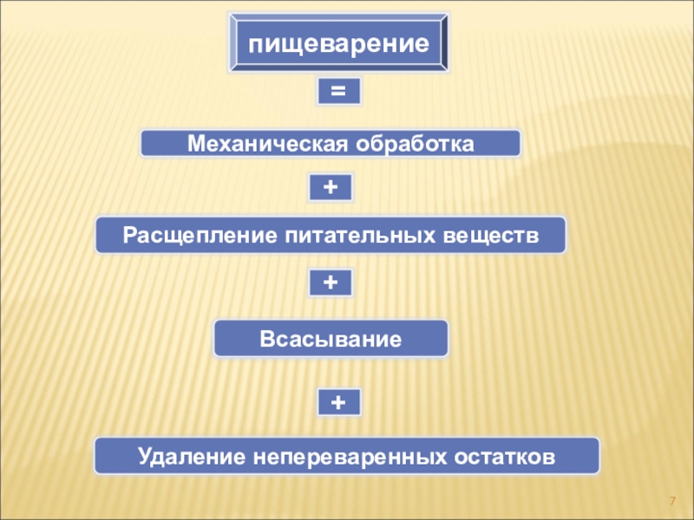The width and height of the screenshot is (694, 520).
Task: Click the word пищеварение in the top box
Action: tap(340, 42)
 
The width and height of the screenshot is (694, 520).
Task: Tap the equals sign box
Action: tap(338, 92)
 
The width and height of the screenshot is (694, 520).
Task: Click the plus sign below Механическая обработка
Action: tap(331, 186)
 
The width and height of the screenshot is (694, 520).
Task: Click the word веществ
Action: tap(492, 235)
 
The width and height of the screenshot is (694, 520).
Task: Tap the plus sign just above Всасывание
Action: tap(331, 282)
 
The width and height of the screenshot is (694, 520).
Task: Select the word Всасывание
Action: tap(331, 338)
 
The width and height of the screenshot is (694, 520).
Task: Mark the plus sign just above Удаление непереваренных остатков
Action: tap(338, 401)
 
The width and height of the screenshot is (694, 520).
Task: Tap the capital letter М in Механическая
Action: tap(195, 143)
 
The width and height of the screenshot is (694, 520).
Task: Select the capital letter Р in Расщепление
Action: tap(129, 235)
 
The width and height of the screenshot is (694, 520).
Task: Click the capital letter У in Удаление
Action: tap(143, 455)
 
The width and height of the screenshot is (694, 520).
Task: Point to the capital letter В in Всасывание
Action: tap(265, 338)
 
